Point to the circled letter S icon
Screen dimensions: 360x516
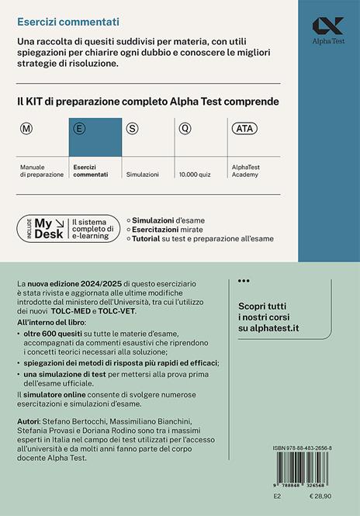click(132, 128)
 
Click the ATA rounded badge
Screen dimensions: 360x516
click(241, 128)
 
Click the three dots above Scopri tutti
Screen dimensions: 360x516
click(243, 281)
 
